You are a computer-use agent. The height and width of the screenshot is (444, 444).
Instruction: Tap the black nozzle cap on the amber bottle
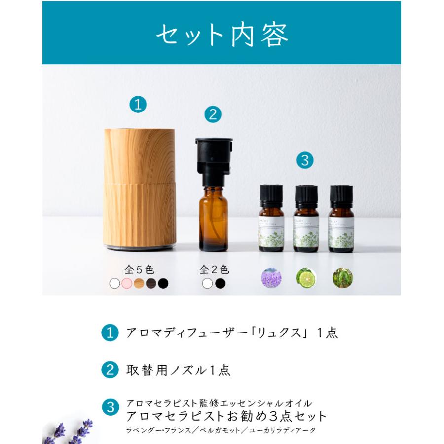tap(213, 155)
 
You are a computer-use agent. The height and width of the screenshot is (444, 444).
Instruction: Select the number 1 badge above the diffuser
tap(138, 104)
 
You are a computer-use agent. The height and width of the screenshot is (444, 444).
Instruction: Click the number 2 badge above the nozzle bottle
tap(213, 114)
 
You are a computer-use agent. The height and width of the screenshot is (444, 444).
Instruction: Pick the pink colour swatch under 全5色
tap(126, 284)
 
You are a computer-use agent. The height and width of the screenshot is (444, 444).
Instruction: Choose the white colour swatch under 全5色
tap(114, 284)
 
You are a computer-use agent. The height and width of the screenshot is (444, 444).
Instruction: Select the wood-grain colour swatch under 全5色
tap(139, 284)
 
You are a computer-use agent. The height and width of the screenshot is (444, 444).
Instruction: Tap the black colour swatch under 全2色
tap(220, 284)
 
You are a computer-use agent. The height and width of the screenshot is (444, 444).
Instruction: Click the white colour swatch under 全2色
tap(208, 284)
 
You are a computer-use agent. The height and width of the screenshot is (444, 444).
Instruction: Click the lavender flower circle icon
tap(271, 278)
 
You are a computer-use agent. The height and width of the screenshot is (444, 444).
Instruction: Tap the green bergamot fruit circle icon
tap(306, 278)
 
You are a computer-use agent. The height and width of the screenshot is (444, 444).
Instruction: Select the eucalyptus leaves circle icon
tap(342, 278)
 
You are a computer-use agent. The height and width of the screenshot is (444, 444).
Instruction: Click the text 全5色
tap(139, 269)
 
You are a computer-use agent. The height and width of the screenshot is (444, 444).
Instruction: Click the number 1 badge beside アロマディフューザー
tap(110, 333)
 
